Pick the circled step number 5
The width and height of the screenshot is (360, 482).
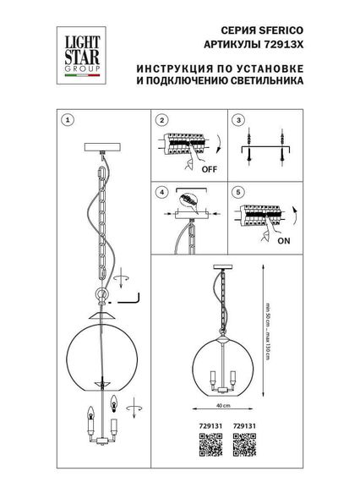point(240,192)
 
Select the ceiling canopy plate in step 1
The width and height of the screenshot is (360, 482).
point(102,147)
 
